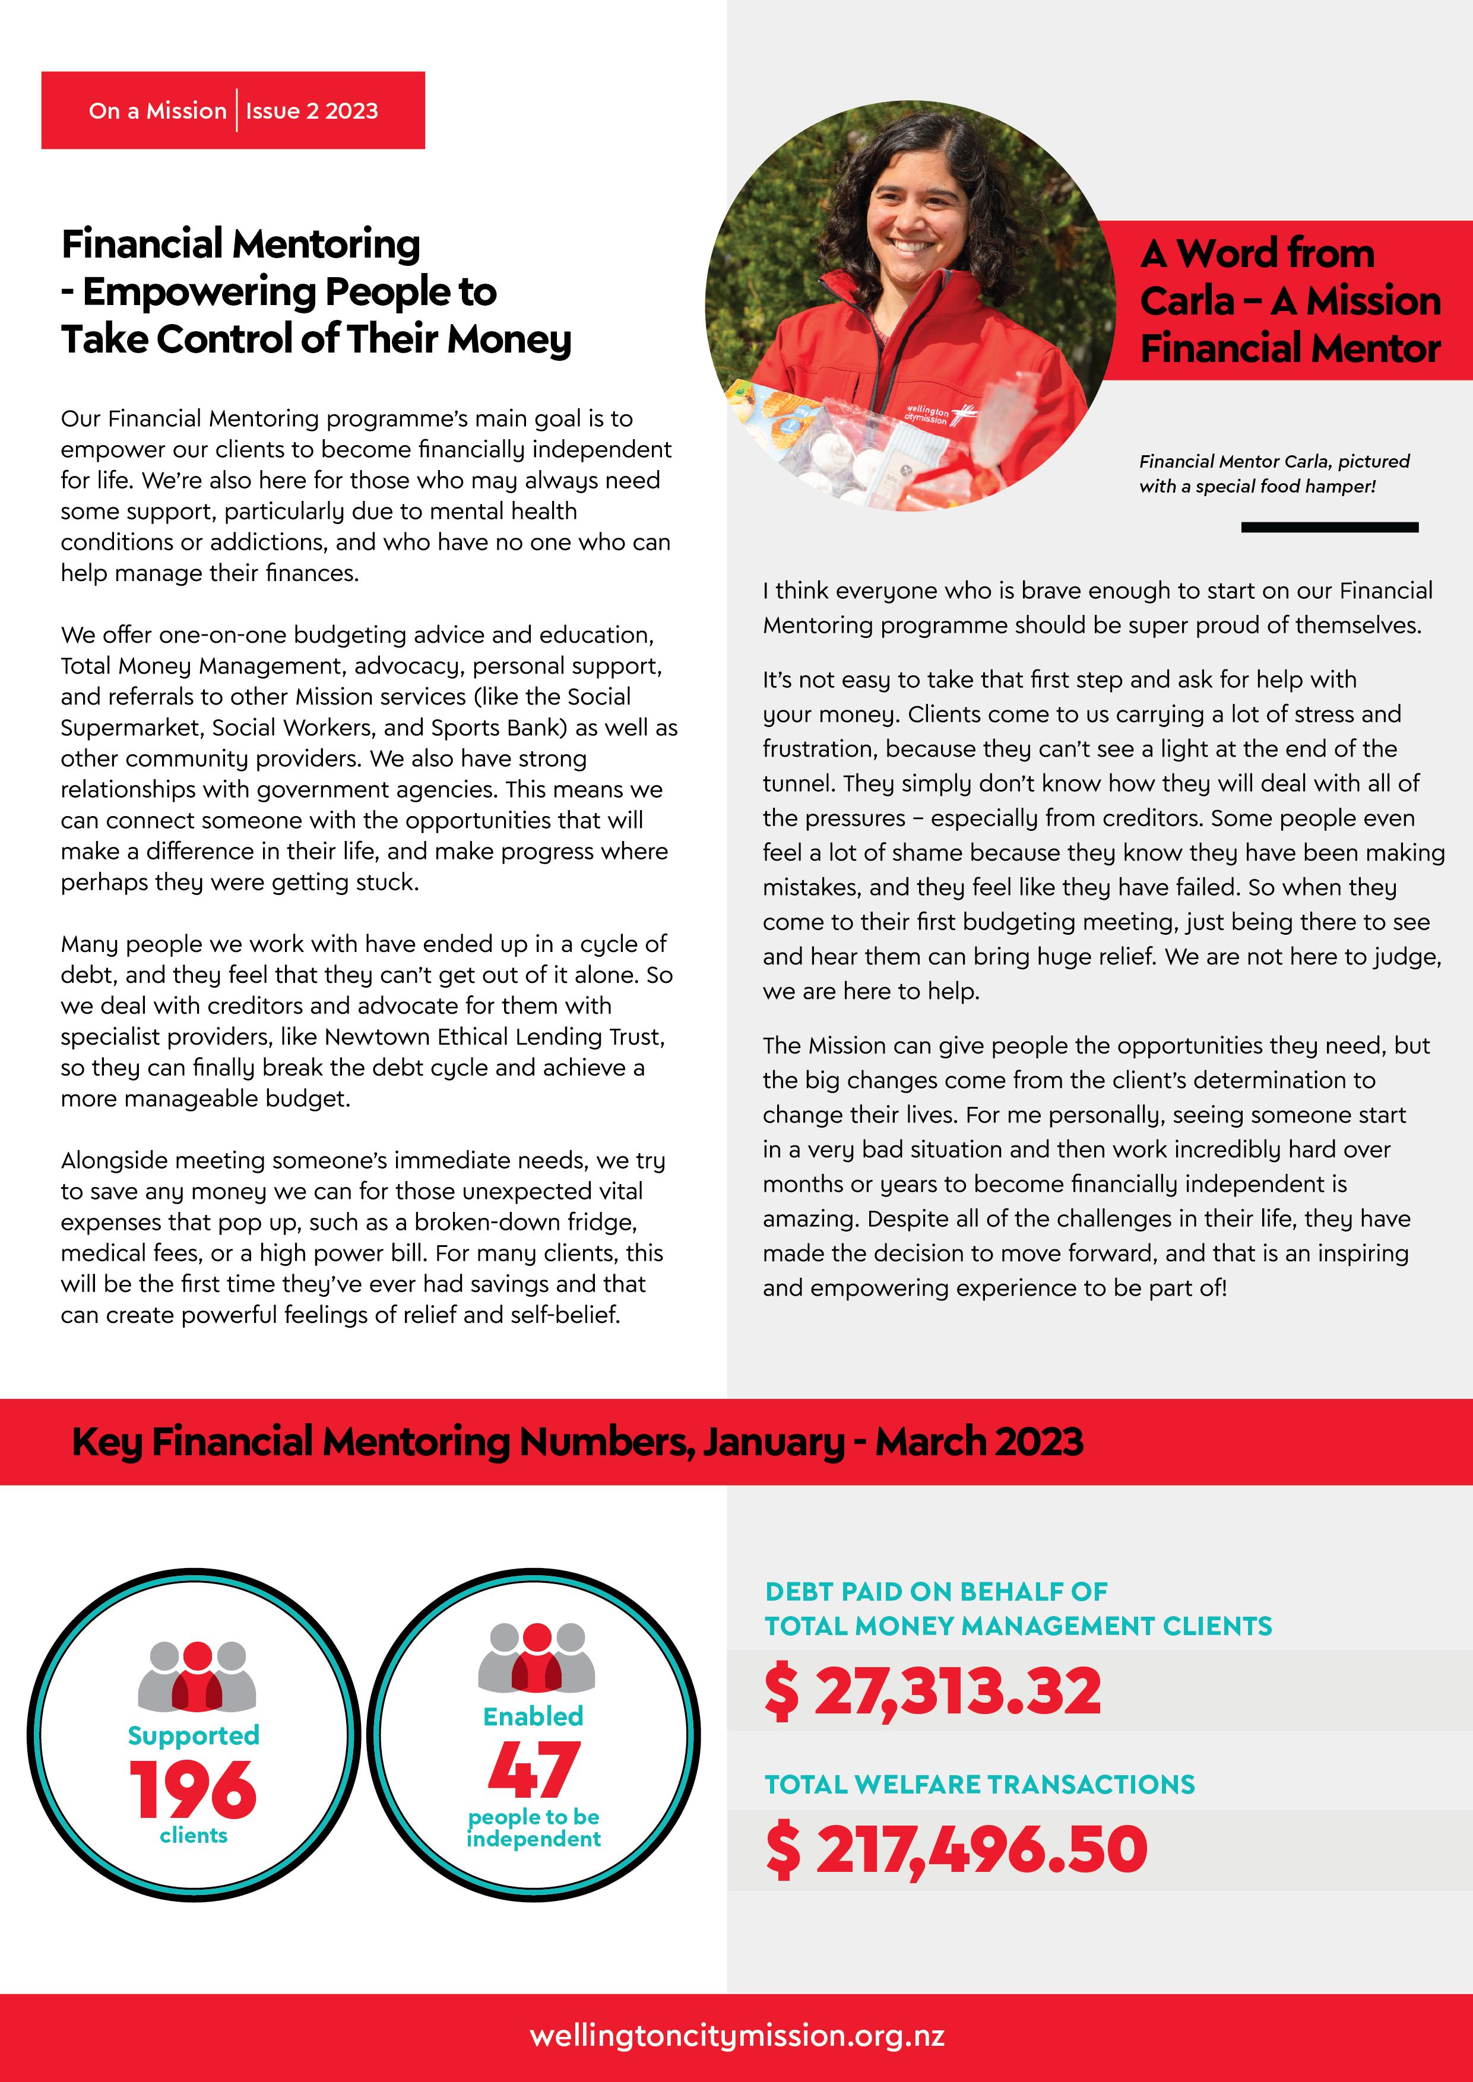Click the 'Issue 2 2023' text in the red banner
pos(311,110)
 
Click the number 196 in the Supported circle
pos(193,1788)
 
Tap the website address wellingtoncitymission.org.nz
pos(736,2035)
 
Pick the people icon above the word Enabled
pos(536,1658)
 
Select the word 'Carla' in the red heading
pos(1186,301)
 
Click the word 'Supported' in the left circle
pos(193,1735)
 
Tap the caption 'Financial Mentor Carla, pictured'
pos(1274,461)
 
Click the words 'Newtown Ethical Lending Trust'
pos(495,1036)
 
